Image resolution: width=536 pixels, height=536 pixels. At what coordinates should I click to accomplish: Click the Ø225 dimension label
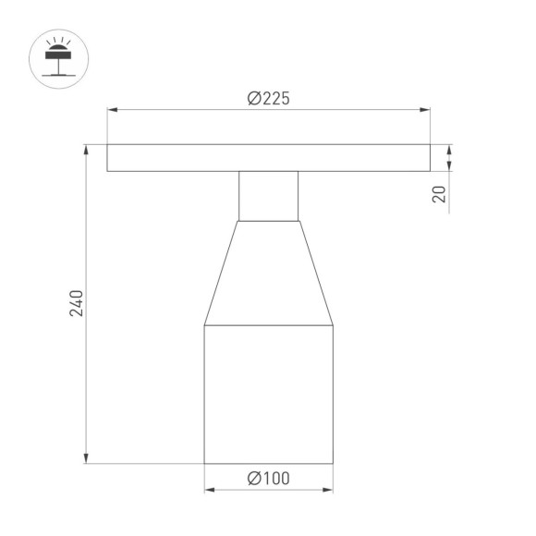(269, 100)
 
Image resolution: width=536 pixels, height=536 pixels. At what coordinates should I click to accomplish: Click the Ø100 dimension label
(269, 478)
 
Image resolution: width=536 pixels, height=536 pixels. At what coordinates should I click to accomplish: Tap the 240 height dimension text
(78, 304)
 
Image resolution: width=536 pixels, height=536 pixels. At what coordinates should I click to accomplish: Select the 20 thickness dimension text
(439, 193)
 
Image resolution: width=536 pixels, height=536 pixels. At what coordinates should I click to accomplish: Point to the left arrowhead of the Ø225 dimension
(113, 111)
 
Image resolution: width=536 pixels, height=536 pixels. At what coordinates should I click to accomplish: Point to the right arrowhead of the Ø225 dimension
(425, 111)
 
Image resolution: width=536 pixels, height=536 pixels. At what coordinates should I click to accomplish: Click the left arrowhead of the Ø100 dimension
(209, 489)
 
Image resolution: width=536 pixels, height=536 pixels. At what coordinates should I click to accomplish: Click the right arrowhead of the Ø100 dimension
(328, 489)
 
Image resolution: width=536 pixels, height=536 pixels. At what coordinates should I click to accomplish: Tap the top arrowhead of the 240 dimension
(87, 149)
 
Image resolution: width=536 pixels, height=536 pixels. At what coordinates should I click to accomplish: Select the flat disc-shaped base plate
(269, 158)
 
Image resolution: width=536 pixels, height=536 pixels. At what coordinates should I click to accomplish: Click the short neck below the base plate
(269, 196)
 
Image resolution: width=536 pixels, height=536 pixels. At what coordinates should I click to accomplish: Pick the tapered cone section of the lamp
(269, 273)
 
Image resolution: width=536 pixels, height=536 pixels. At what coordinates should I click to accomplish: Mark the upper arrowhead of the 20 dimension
(450, 149)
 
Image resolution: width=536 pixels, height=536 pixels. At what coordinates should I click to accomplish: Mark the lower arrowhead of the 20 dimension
(450, 166)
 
